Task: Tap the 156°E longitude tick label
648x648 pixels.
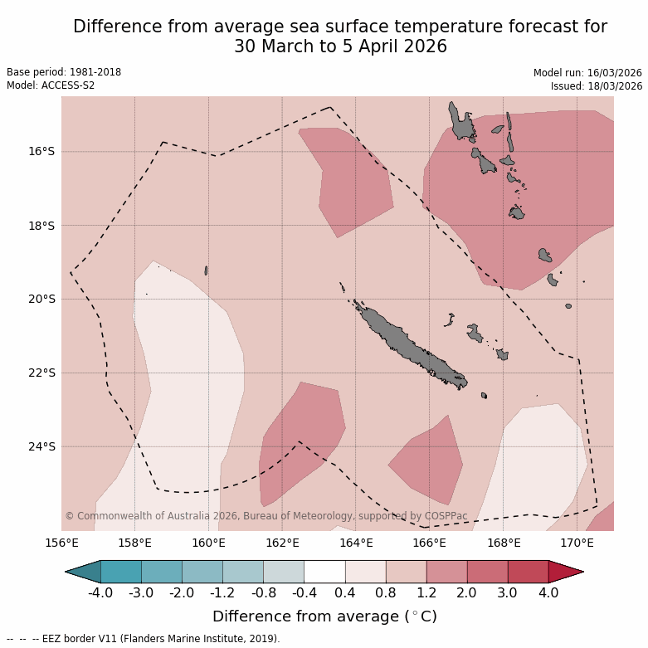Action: click(x=61, y=543)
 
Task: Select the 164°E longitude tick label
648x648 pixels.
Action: click(x=356, y=543)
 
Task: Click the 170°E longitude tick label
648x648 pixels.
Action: click(x=577, y=543)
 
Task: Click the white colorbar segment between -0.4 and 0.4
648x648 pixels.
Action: click(x=324, y=572)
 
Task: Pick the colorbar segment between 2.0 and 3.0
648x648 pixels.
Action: click(x=487, y=572)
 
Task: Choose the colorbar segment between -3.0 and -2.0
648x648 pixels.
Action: click(x=162, y=572)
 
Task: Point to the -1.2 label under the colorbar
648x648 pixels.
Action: click(x=222, y=592)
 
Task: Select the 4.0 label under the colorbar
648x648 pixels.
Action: click(x=548, y=592)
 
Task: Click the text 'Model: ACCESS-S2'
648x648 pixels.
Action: click(x=51, y=85)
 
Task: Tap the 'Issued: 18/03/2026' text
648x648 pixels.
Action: click(x=597, y=85)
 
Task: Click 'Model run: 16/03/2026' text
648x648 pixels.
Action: click(x=587, y=73)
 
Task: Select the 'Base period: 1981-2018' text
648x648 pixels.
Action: click(x=64, y=72)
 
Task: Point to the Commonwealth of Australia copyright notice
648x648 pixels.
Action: click(x=266, y=516)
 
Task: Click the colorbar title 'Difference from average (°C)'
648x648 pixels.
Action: click(x=324, y=616)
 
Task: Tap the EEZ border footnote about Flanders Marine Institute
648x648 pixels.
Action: click(x=144, y=639)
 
